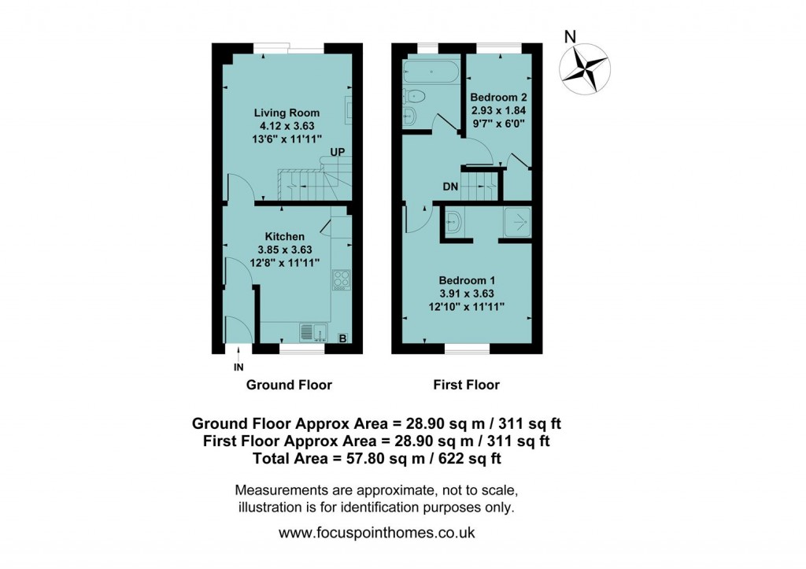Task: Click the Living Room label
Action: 287,113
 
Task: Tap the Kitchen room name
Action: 284,236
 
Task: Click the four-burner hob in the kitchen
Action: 342,279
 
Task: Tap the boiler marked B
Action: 342,338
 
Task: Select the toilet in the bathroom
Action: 415,97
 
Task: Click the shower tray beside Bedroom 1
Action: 516,224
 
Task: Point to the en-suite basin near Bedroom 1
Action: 454,222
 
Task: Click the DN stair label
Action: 450,187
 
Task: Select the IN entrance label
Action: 238,367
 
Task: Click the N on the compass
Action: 571,35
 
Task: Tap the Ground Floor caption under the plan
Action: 289,385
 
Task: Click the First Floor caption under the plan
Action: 467,385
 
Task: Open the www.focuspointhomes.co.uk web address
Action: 377,533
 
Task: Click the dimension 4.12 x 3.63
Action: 287,126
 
